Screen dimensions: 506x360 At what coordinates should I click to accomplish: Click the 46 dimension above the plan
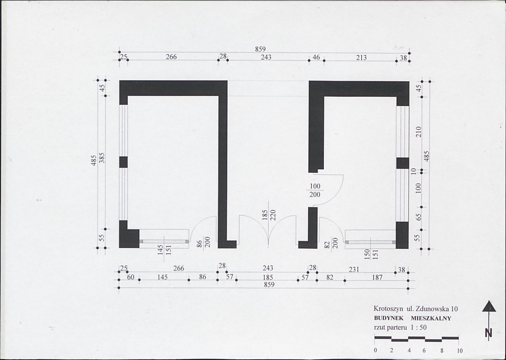(x=316, y=57)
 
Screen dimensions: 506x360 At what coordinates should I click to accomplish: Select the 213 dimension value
(x=361, y=58)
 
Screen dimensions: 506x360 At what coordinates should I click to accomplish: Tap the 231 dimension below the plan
(x=354, y=269)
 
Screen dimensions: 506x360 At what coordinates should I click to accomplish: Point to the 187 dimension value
(x=377, y=277)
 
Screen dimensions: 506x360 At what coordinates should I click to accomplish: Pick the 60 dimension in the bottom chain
(x=131, y=277)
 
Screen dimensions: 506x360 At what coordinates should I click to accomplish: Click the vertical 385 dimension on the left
(x=102, y=158)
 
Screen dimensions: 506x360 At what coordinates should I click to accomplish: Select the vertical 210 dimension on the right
(x=419, y=132)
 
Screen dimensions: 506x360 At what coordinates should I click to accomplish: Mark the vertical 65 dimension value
(x=419, y=217)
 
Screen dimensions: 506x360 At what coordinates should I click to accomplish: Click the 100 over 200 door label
(x=315, y=191)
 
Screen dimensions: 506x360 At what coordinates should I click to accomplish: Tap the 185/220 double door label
(x=269, y=215)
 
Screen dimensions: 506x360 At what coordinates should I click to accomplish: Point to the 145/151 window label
(x=164, y=250)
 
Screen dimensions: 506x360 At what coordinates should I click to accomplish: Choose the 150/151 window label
(x=371, y=254)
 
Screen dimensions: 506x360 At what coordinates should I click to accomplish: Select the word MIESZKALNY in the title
(x=431, y=318)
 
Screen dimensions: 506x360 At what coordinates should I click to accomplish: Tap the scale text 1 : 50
(x=419, y=328)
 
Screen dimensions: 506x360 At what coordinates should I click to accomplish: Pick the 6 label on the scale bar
(x=424, y=350)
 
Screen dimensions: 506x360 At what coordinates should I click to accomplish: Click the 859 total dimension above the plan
(x=260, y=49)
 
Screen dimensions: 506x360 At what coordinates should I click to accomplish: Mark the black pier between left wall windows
(x=123, y=162)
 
